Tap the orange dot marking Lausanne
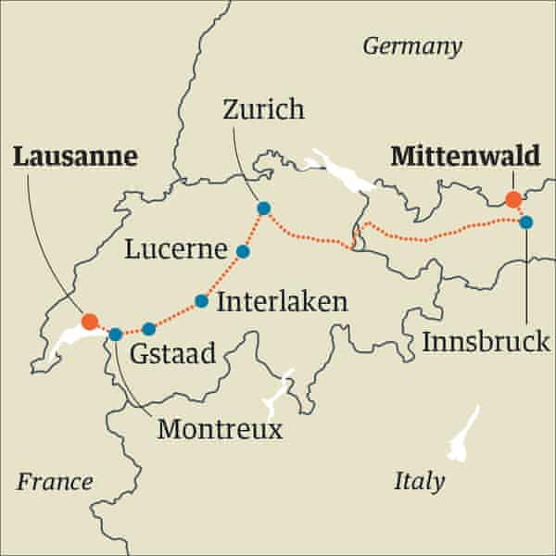89,322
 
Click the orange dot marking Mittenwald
512,199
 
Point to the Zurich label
264,111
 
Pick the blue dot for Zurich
263,208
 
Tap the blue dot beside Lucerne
243,251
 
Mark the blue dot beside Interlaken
201,300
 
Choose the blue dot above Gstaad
148,328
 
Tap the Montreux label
220,429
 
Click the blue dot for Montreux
115,335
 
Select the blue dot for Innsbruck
525,222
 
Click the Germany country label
411,46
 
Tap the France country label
55,481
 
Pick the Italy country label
419,481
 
